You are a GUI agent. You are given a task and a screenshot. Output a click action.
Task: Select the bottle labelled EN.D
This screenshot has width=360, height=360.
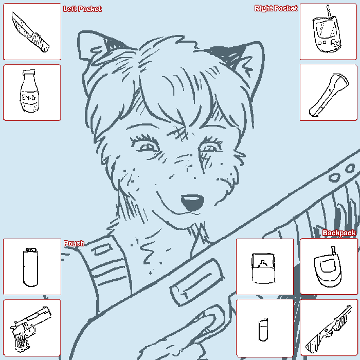tap(29, 92)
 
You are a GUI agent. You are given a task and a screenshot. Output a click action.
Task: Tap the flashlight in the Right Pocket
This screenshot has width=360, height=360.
tap(328, 95)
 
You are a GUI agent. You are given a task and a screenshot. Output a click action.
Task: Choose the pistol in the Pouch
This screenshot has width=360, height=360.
tap(30, 328)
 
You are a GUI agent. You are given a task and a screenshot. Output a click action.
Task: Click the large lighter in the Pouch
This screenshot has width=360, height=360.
tap(30, 267)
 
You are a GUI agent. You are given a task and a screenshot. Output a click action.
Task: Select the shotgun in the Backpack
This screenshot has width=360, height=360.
tap(329, 329)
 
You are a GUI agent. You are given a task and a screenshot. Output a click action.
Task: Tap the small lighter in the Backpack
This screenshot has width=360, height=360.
tap(263, 329)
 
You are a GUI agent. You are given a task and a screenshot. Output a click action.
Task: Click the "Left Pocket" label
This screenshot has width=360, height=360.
tap(82, 9)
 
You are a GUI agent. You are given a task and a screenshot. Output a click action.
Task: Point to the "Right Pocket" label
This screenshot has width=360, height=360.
tap(276, 8)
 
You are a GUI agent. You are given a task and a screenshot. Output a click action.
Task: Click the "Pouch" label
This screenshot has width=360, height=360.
tap(74, 243)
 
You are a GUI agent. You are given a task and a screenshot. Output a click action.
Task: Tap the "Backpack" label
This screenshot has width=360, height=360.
tap(339, 233)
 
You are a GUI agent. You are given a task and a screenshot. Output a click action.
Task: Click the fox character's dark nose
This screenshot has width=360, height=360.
tap(192, 202)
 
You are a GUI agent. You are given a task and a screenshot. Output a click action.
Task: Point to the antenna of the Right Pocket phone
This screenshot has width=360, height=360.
tap(329, 12)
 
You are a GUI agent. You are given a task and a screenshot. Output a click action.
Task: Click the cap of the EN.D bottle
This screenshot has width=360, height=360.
tap(29, 73)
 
